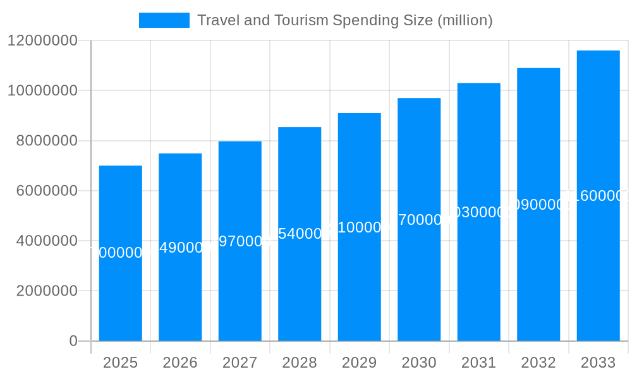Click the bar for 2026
180,291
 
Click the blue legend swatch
164,20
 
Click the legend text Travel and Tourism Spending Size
344,20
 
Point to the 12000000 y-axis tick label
42,41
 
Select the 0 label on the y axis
73,341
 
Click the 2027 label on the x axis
240,363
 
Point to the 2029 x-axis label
360,363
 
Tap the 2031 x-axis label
478,363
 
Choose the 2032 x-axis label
538,363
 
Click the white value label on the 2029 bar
360,227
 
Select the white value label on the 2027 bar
240,241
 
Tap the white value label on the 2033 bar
598,196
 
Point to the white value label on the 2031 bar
478,212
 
